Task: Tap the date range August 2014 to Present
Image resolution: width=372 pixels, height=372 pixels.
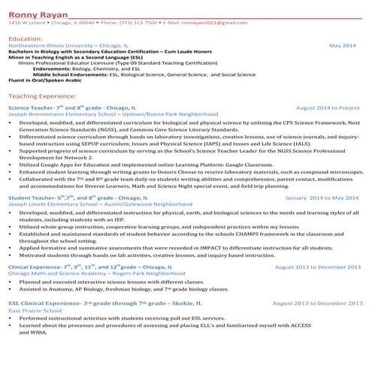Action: pos(328,108)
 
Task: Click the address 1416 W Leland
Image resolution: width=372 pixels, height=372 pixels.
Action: pos(24,23)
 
